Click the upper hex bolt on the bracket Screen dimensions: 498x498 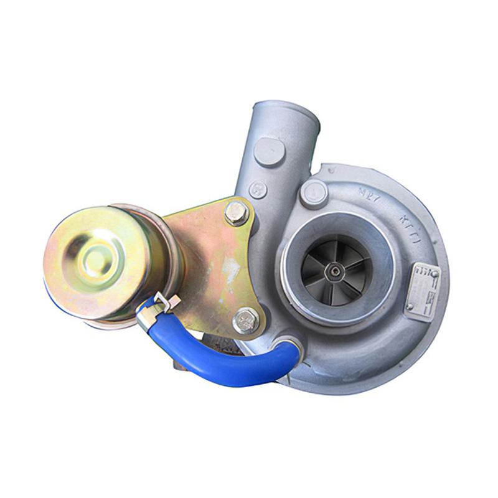pos(237,213)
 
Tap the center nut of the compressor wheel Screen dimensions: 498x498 pos(336,270)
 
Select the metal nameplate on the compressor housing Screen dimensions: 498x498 pos(423,286)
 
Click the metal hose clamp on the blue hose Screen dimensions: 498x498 pos(156,309)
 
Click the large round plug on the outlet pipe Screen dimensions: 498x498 pos(269,150)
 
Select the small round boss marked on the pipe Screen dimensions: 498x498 pos(258,189)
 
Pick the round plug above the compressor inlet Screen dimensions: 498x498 pos(314,192)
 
